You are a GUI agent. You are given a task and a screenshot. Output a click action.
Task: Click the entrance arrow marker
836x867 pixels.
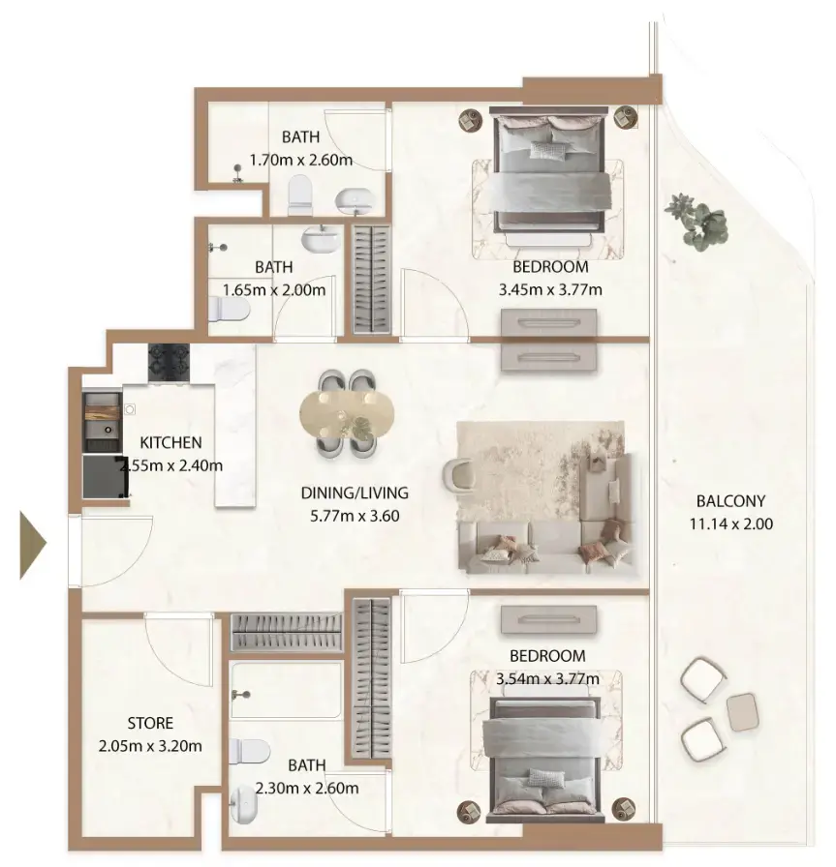32,547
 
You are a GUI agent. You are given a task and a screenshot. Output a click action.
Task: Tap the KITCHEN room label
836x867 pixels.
170,443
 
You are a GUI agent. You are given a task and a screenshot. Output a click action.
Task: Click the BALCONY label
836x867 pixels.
730,501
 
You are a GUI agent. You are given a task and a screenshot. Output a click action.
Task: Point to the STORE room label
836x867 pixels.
150,723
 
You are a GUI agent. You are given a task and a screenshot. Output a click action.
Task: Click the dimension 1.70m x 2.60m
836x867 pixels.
300,160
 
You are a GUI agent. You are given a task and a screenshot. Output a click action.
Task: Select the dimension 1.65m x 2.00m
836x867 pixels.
274,288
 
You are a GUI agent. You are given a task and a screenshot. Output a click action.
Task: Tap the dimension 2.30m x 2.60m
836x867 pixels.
306,789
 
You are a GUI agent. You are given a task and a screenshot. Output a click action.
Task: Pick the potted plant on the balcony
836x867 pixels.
697,220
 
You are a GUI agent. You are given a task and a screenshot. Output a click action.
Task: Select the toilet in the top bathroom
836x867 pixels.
299,195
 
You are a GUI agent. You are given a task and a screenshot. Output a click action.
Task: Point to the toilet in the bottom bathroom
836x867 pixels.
251,751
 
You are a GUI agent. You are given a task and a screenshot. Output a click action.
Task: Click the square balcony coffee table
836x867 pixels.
742,712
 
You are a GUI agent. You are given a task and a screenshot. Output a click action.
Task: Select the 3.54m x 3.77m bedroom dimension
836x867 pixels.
547,678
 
